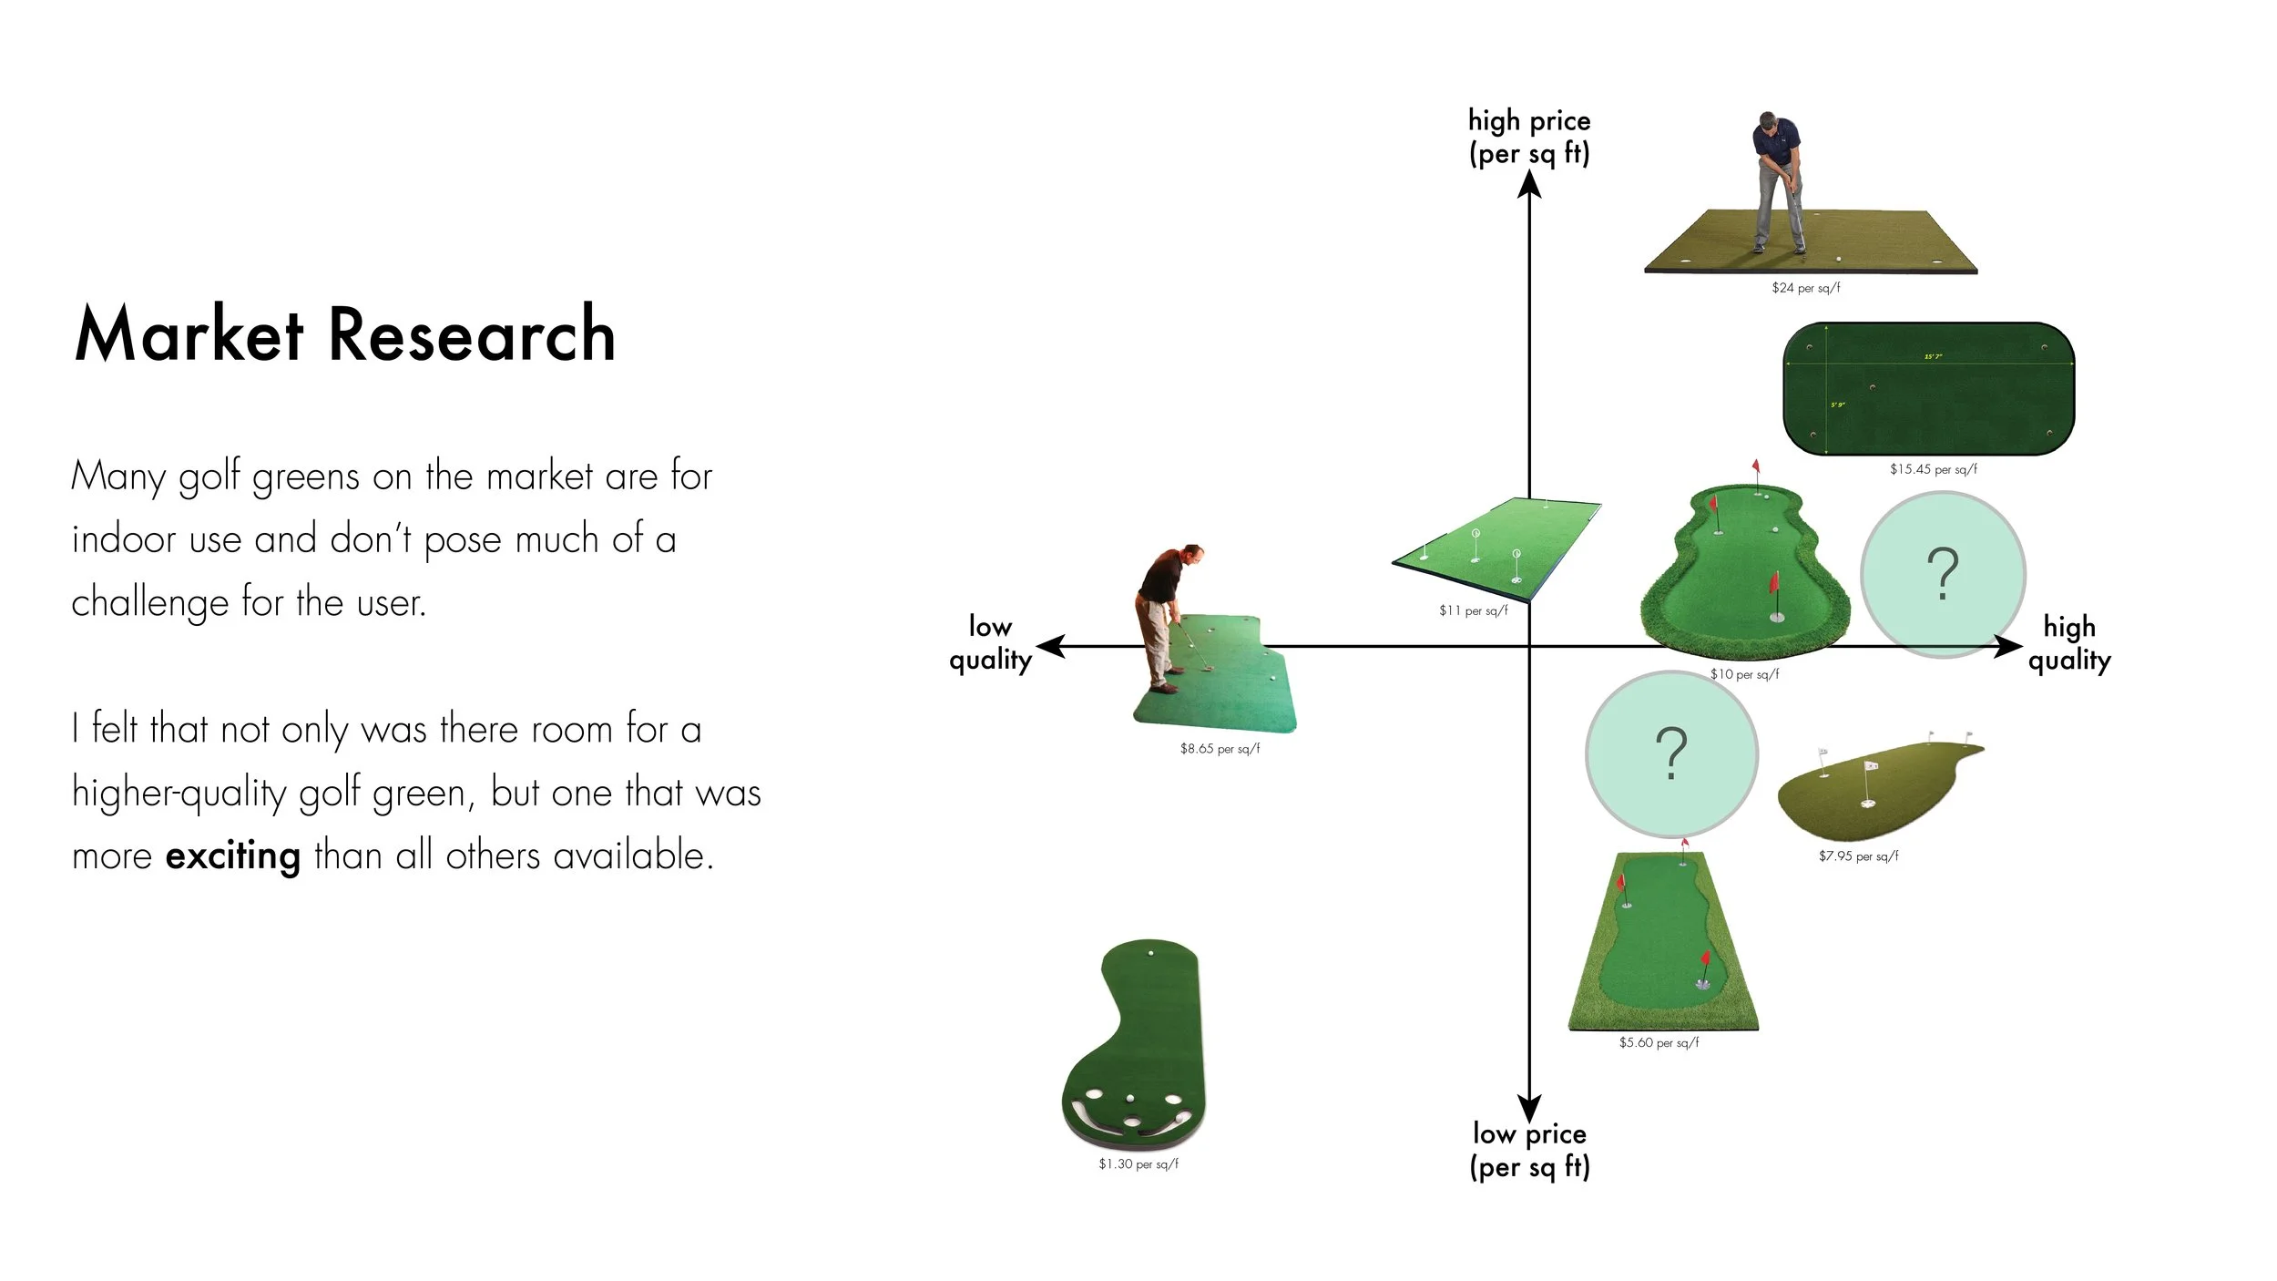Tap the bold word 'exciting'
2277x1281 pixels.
(x=232, y=856)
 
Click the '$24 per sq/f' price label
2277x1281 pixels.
(x=1805, y=288)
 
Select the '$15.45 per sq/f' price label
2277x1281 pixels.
(x=1933, y=469)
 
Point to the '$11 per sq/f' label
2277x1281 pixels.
(x=1473, y=610)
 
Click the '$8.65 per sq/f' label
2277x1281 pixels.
(x=1220, y=749)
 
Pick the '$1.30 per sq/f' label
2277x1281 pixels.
(x=1138, y=1164)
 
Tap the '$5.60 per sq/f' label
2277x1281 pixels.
(x=1659, y=1042)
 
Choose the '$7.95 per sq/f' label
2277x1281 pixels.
(x=1858, y=856)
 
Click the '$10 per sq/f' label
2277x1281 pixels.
(x=1744, y=674)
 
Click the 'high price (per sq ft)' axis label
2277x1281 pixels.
(x=1529, y=137)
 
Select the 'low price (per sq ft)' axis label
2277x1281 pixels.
(x=1529, y=1150)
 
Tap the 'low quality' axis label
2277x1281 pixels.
(x=990, y=642)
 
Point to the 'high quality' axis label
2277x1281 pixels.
(x=2069, y=642)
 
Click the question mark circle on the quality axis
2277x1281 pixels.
(x=1943, y=574)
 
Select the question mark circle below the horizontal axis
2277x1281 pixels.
(x=1671, y=753)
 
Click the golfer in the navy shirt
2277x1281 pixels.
(x=1777, y=182)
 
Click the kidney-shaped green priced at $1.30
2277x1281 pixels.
(x=1135, y=1048)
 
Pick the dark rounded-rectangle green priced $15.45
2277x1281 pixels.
(x=1928, y=389)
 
